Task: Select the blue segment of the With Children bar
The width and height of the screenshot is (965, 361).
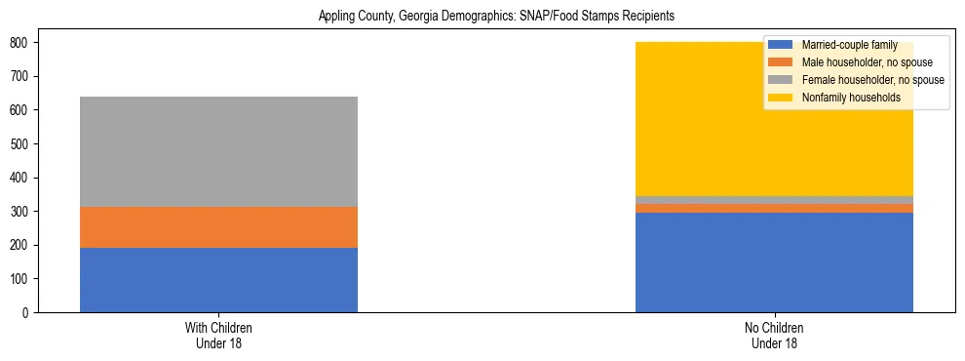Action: click(218, 280)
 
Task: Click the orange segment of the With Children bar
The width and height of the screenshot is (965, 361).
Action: click(218, 227)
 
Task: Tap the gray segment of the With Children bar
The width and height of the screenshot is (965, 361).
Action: click(218, 151)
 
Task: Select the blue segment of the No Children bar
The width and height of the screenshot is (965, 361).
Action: click(774, 262)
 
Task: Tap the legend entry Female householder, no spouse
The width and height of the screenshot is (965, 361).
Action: click(871, 80)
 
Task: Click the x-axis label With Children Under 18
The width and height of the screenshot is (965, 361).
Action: click(218, 336)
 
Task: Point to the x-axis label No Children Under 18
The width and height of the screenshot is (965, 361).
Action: click(774, 336)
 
